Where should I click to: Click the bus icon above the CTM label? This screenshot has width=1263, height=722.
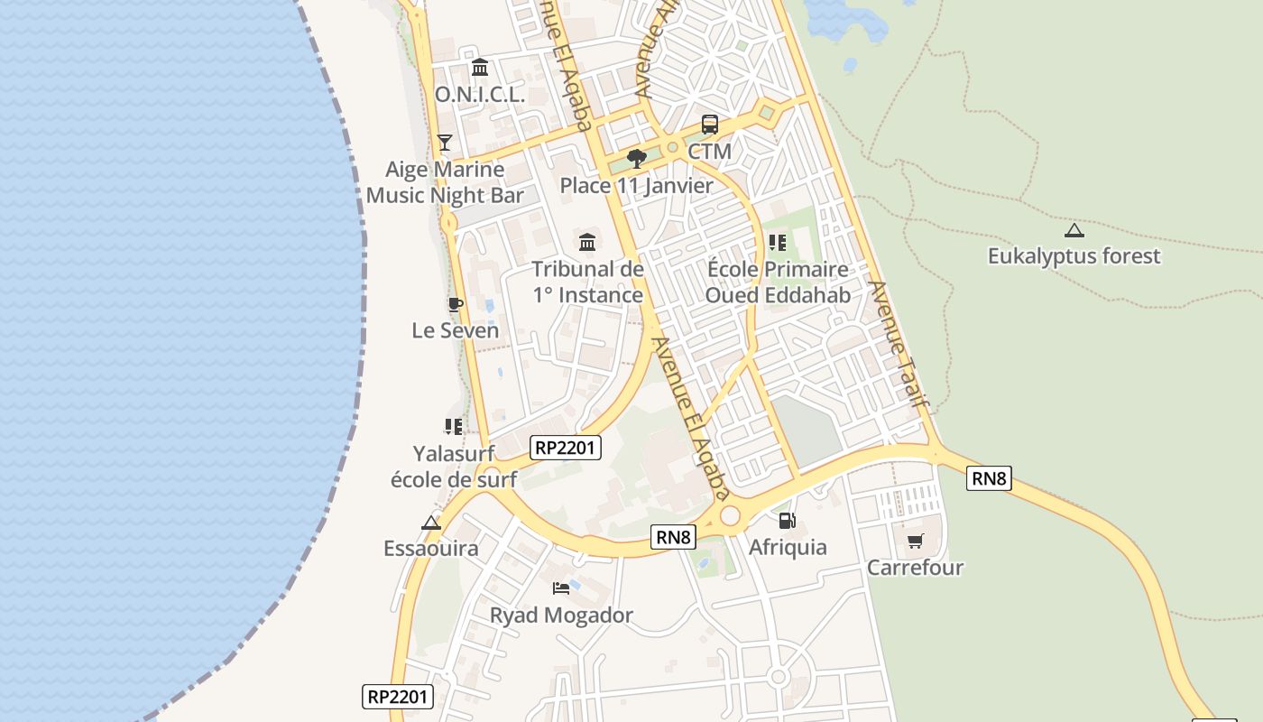(710, 125)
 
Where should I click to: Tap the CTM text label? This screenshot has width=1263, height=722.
(710, 152)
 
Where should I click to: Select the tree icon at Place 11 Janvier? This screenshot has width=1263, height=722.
(637, 159)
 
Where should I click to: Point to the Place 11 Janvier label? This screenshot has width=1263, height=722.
(637, 186)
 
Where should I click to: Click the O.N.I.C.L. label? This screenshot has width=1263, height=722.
(480, 94)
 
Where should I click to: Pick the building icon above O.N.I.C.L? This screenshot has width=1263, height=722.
(480, 68)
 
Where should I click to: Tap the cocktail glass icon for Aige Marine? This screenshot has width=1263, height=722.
(444, 142)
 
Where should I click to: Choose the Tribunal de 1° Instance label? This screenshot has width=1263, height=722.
(587, 282)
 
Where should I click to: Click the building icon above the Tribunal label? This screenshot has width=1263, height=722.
(587, 242)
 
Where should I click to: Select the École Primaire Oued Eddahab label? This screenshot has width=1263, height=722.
(778, 282)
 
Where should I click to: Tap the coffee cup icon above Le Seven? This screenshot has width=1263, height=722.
(456, 304)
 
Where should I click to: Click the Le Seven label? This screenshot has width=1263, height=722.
(456, 330)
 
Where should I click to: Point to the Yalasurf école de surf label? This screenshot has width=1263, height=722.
(454, 466)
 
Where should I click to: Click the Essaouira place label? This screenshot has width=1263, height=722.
(431, 549)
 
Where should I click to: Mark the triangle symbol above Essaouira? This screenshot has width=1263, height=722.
(431, 523)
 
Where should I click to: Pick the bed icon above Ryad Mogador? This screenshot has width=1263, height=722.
(561, 588)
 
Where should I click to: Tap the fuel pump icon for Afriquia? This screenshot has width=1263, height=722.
(788, 521)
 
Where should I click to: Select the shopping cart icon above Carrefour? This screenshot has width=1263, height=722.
(916, 541)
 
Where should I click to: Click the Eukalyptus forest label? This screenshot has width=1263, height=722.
(1074, 256)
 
